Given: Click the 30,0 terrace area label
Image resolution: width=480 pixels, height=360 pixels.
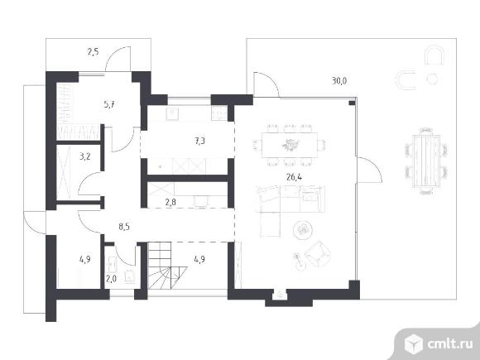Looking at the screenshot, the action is [339, 81].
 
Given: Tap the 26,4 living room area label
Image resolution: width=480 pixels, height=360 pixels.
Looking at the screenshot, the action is [294, 177].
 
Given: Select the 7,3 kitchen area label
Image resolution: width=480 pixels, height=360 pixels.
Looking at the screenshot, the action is [199, 142].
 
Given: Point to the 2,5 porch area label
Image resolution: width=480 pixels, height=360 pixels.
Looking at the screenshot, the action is [93, 52].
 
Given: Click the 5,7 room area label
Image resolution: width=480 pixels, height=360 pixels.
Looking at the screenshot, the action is [109, 105].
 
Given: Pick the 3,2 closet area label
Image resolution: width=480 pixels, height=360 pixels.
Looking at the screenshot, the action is [84, 156].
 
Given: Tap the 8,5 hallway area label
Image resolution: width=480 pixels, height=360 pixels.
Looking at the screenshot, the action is [124, 227].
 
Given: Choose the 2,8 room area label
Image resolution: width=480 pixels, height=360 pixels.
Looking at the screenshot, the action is [170, 202].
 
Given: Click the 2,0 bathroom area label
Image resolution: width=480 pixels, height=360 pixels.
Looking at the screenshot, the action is [111, 279].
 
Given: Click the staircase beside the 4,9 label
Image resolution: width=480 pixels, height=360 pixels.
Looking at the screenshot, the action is [167, 266].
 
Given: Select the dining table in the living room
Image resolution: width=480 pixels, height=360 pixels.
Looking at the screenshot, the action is [290, 145].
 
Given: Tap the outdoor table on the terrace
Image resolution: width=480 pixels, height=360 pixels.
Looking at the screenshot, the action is [426, 161].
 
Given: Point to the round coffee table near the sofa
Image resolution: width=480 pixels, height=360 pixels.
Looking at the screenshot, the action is [303, 229].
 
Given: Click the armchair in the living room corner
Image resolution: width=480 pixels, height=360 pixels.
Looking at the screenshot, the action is [318, 253].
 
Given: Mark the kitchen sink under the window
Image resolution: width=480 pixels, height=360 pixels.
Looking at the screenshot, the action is [173, 113].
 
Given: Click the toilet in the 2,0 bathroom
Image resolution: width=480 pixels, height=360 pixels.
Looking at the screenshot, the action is [130, 276].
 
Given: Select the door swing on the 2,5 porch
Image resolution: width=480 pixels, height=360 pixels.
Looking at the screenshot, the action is [118, 59].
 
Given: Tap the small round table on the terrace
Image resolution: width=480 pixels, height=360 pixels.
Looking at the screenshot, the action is [432, 79].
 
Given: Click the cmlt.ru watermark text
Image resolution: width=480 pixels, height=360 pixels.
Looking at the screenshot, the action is [450, 344].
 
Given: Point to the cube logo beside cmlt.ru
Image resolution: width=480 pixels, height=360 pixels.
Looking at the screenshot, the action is [414, 343].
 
